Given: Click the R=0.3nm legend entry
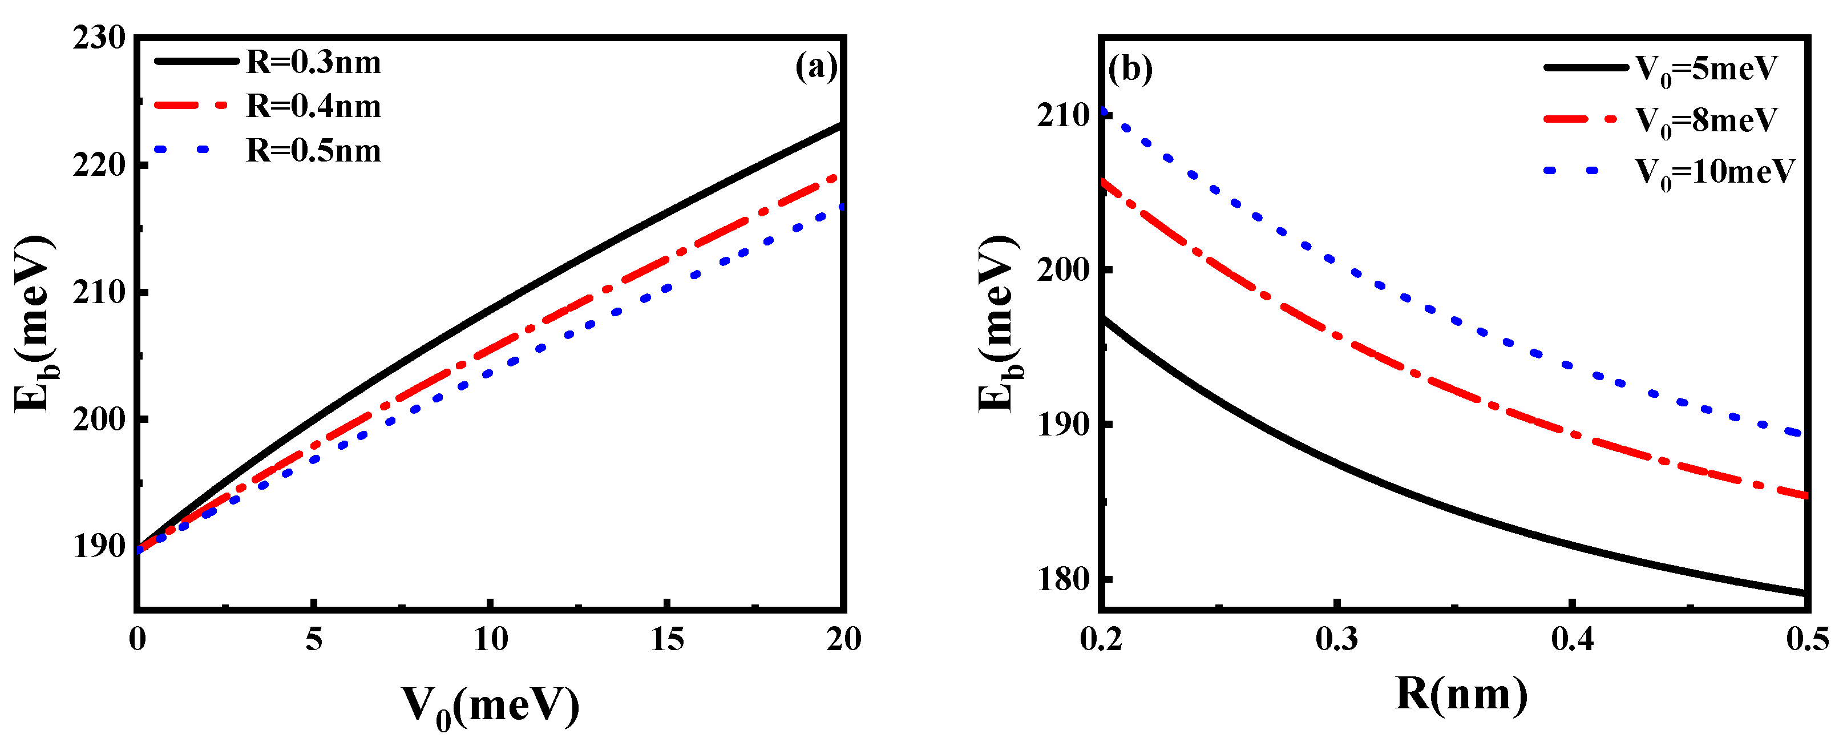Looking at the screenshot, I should pyautogui.click(x=313, y=63).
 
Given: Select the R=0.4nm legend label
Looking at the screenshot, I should pyautogui.click(x=313, y=107).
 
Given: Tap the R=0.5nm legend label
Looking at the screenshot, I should pyautogui.click(x=313, y=151).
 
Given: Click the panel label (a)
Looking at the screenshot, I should pyautogui.click(x=815, y=67).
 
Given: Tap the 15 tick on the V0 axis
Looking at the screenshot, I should pyautogui.click(x=667, y=639).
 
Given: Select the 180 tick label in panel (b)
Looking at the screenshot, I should pyautogui.click(x=1062, y=579).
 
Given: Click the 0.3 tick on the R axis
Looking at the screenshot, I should pyautogui.click(x=1336, y=639).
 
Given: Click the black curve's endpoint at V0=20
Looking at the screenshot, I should pyautogui.click(x=842, y=125).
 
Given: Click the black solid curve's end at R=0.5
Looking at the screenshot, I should pyautogui.click(x=1806, y=592).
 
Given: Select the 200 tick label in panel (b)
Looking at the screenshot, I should pyautogui.click(x=1062, y=270).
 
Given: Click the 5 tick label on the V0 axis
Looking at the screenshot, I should pyautogui.click(x=314, y=639).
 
